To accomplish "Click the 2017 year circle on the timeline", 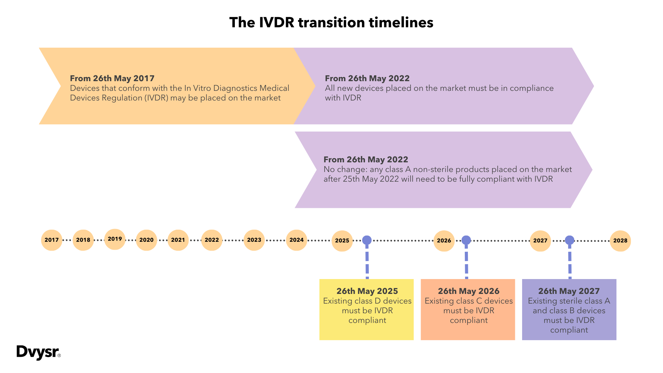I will (51, 240).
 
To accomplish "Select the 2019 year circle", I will (115, 239).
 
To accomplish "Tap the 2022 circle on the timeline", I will (212, 240).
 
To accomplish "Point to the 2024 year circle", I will (296, 240).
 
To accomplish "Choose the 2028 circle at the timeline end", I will (620, 241).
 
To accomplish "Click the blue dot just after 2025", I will (367, 240).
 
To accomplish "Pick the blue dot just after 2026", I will (466, 240).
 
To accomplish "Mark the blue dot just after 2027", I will (569, 240).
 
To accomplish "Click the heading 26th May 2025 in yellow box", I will (367, 291).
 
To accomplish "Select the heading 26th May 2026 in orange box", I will (469, 291).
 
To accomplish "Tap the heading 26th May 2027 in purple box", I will (569, 291).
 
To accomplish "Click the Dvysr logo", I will (38, 352).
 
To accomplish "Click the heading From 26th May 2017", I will (112, 78).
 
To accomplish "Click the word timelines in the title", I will (401, 23).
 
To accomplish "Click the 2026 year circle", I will (444, 241).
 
